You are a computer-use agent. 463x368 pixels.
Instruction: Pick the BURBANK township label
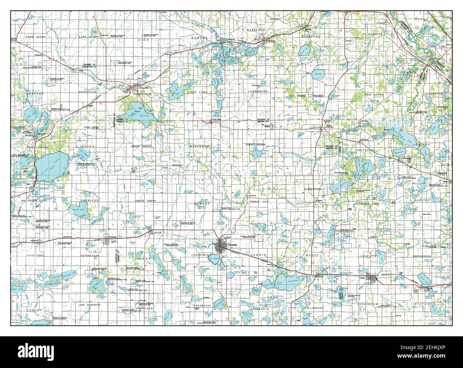[35, 93]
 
